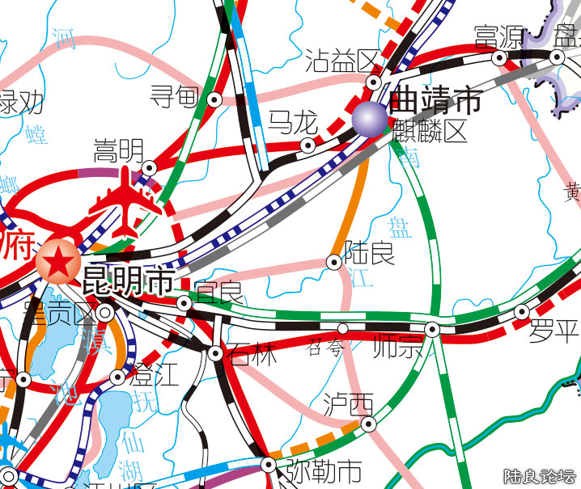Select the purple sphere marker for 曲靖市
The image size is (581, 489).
click(x=371, y=119)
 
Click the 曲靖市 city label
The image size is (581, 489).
click(x=435, y=101)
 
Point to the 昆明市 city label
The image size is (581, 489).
click(x=128, y=280)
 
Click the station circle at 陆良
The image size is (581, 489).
click(x=333, y=262)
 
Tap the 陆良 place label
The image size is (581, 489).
click(x=370, y=252)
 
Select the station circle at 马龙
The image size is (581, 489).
click(x=307, y=145)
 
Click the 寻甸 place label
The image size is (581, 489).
click(x=174, y=99)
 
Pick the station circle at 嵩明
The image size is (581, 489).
click(x=149, y=167)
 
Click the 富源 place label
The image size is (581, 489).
click(x=498, y=37)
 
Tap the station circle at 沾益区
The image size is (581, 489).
click(x=374, y=82)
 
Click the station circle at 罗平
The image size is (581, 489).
click(x=522, y=312)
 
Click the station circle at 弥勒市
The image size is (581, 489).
click(x=268, y=465)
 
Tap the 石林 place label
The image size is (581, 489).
click(x=252, y=354)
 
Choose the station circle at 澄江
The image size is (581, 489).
click(x=117, y=377)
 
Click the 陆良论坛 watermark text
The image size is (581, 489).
click(x=539, y=476)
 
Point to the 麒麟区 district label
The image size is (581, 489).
click(x=430, y=130)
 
